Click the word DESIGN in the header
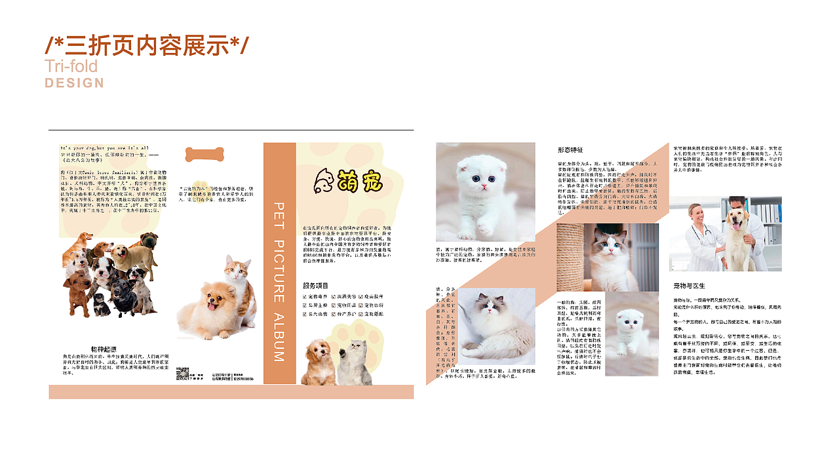pos(74,83)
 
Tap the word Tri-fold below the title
pos(71,66)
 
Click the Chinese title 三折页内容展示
pos(147,45)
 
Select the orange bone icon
pos(205,155)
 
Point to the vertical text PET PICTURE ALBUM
pos(279,282)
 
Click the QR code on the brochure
pos(183,374)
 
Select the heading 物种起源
pos(104,349)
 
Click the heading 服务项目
pos(315,286)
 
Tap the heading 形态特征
pos(570,150)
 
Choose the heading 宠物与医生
pos(689,286)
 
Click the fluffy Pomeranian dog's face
pos(210,300)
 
